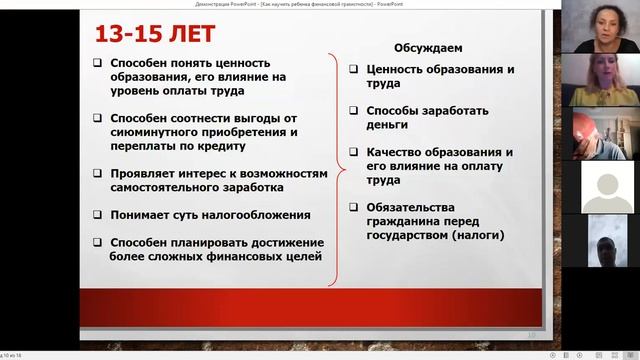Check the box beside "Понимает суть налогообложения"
point(98,214)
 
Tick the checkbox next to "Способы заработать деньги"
point(355,110)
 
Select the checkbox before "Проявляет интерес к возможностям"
point(98,173)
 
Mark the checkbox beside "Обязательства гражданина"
point(355,208)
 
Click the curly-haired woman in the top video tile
point(603,28)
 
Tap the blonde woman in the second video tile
point(603,80)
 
